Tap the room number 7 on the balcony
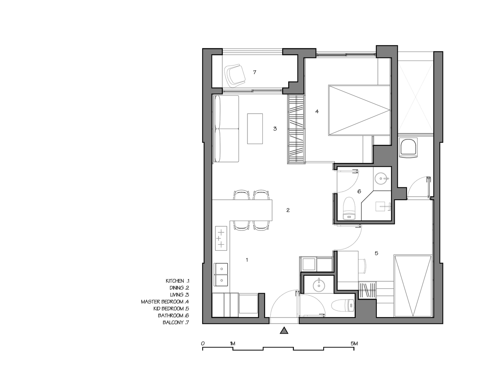coord(255,72)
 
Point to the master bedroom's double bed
coord(359,110)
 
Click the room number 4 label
coord(317,111)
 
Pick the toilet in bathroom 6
coord(349,208)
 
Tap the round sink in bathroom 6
coord(381,179)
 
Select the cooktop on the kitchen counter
coord(64,238)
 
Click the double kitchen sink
coord(64,275)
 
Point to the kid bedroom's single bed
coord(413,286)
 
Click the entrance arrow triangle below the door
coord(284,330)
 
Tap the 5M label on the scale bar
coord(354,344)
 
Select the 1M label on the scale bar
coord(232,344)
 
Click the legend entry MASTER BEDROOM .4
coord(165,301)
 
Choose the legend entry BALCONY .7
coord(176,322)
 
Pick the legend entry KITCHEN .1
coord(178,281)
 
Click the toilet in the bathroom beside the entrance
coord(343,306)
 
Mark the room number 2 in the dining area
coord(288,210)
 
